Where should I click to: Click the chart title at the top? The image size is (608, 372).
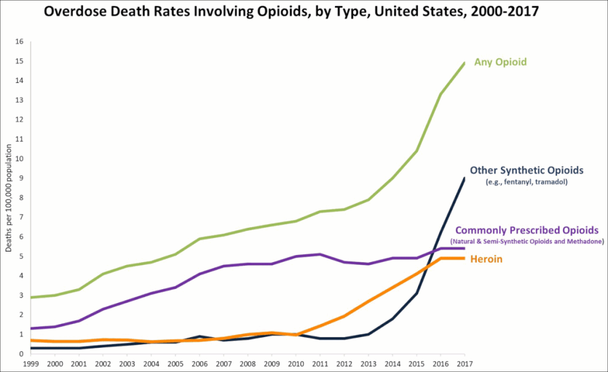(304, 11)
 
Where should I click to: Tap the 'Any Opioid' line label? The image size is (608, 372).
(500, 62)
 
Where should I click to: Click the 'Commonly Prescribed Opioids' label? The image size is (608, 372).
(527, 230)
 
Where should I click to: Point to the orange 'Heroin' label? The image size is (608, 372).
(486, 259)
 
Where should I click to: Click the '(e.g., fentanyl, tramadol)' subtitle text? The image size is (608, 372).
(518, 182)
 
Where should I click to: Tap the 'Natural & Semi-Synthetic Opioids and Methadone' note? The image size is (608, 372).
(527, 241)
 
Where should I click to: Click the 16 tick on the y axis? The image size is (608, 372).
(19, 42)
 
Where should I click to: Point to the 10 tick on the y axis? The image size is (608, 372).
(19, 158)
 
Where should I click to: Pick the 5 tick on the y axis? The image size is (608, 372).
(21, 256)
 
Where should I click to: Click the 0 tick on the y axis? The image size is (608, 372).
(21, 354)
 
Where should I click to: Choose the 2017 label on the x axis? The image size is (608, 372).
(464, 363)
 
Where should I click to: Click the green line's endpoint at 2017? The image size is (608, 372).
(464, 63)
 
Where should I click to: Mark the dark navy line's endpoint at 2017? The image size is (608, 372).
(464, 178)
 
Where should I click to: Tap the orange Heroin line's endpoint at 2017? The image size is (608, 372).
(464, 258)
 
